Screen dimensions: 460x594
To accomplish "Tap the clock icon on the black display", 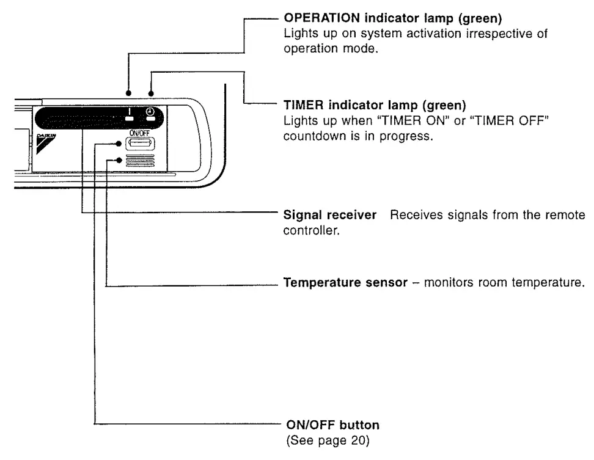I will click(x=150, y=112).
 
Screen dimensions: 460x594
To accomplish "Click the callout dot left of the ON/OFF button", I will click(x=120, y=145).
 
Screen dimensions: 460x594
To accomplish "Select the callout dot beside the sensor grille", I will click(x=120, y=161).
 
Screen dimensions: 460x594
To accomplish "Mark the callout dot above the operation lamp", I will click(x=129, y=94).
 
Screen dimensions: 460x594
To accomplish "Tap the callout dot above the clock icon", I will click(x=150, y=94).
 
